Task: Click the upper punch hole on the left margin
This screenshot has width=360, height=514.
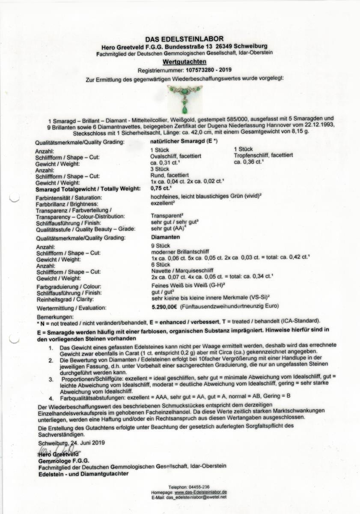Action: point(15,197)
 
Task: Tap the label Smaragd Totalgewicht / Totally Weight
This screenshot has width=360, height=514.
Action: point(78,188)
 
